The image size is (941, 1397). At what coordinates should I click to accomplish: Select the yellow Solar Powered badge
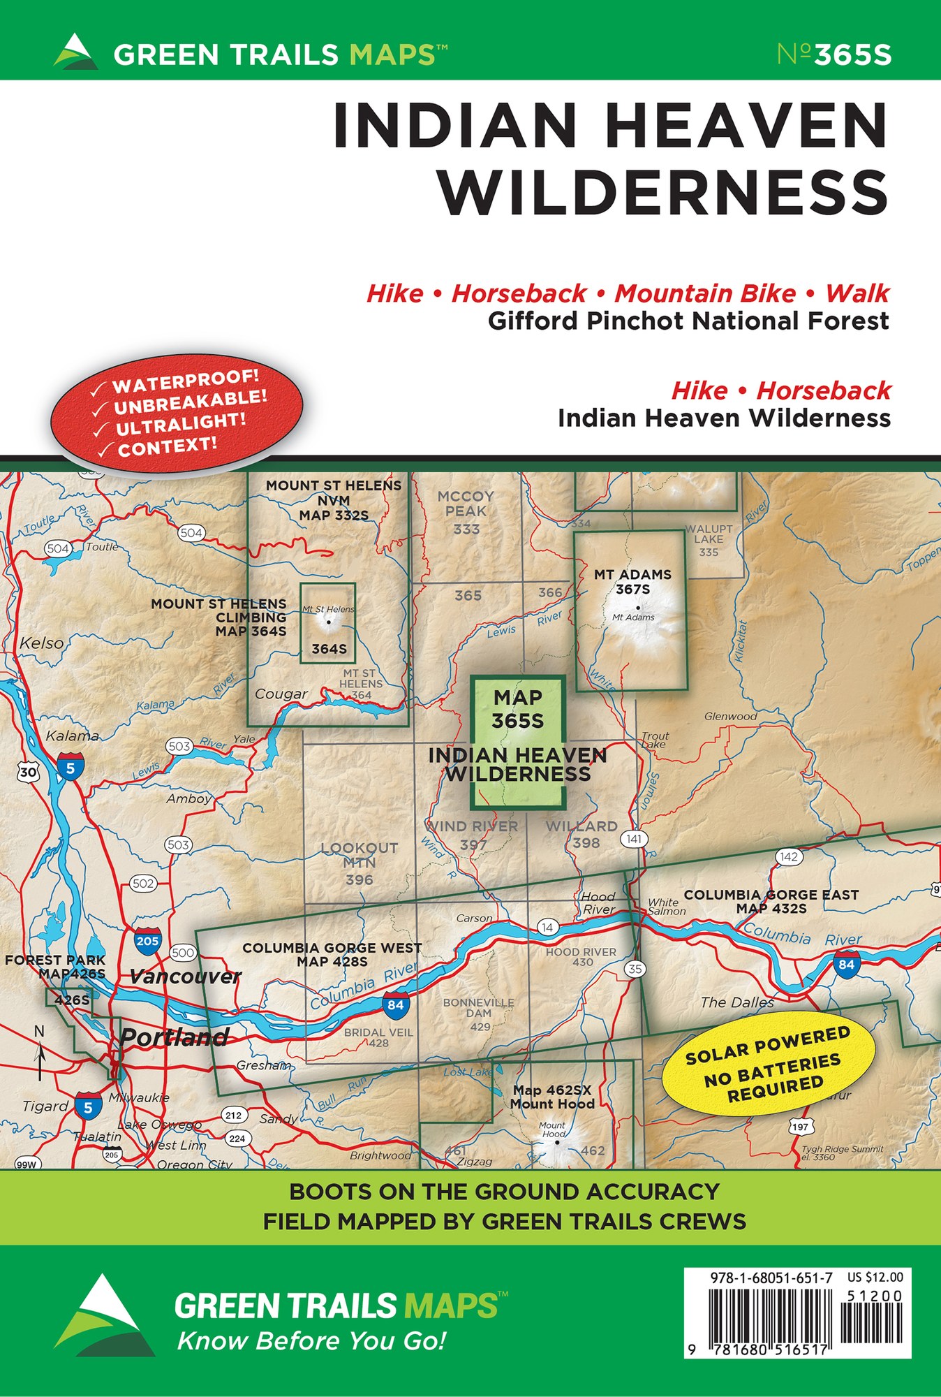point(768,1062)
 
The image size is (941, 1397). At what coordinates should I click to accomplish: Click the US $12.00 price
point(875,1278)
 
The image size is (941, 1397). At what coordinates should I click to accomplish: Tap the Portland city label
point(174,1037)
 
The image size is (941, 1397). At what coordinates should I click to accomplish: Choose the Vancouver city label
point(185,977)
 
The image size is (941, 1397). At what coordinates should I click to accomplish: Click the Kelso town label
point(41,643)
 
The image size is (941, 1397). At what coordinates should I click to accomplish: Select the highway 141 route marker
point(634,839)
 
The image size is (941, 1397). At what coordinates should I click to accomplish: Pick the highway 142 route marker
point(788,856)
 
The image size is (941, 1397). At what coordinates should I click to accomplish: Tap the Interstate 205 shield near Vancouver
point(147,940)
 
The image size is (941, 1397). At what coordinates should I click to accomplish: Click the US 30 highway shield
point(27,772)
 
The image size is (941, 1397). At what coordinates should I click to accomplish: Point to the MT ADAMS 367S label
point(632,582)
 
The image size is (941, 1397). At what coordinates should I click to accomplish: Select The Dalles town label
point(736,1002)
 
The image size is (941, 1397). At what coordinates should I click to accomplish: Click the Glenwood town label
point(730,716)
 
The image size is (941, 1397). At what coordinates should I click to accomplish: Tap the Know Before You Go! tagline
point(311,1341)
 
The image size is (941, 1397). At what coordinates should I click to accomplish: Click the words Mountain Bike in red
point(704,293)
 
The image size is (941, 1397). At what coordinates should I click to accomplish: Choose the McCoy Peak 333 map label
point(466,512)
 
